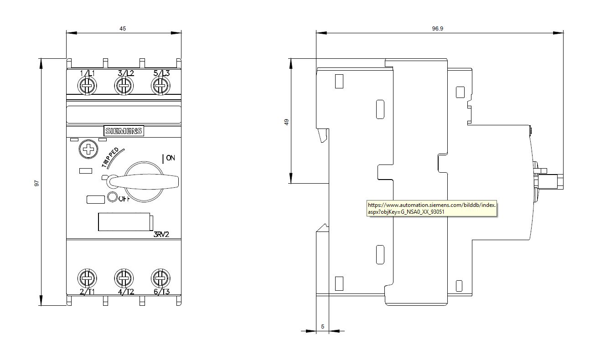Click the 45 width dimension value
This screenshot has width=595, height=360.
(123, 28)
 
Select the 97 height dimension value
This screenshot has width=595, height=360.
(36, 183)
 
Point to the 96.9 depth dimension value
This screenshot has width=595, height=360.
(438, 28)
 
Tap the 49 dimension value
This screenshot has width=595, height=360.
(286, 122)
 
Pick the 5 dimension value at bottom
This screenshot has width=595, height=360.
(322, 327)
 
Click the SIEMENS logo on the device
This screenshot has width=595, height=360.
(124, 131)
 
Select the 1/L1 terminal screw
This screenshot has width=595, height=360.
(87, 86)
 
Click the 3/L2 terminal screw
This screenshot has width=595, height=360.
(124, 86)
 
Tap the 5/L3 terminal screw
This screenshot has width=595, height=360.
(160, 86)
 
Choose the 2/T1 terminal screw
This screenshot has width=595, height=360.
(87, 278)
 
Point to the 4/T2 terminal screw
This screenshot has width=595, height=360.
(124, 278)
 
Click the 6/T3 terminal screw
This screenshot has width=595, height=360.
(160, 278)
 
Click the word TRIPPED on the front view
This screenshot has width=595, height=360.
(110, 157)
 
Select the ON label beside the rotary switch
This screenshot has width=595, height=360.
(171, 158)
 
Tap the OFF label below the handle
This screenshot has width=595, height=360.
(124, 199)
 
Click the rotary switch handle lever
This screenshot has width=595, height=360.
(144, 182)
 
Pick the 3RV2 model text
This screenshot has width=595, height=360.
(161, 234)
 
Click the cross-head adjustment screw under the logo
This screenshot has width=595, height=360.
(88, 149)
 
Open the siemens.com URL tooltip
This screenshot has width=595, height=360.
(432, 208)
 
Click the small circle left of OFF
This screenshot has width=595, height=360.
(112, 197)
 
